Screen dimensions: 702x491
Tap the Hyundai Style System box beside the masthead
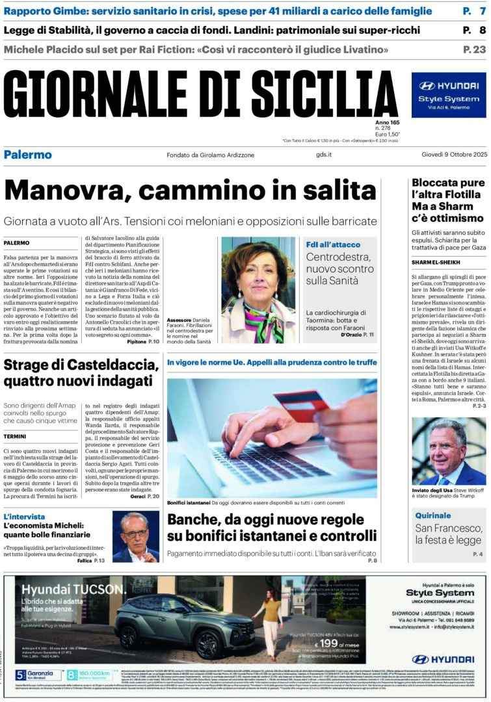[x=448, y=95]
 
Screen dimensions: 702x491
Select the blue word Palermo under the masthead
[x=27, y=155]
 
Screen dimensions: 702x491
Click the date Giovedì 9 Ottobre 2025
[x=453, y=155]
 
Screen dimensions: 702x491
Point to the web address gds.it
[x=324, y=155]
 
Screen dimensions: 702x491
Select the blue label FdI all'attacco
[x=329, y=244]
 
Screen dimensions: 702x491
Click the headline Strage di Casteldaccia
[x=81, y=373]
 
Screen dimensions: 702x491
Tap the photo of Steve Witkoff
[x=448, y=450]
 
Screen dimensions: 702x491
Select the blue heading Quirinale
[x=432, y=515]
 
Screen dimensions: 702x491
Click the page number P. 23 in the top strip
[x=474, y=49]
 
